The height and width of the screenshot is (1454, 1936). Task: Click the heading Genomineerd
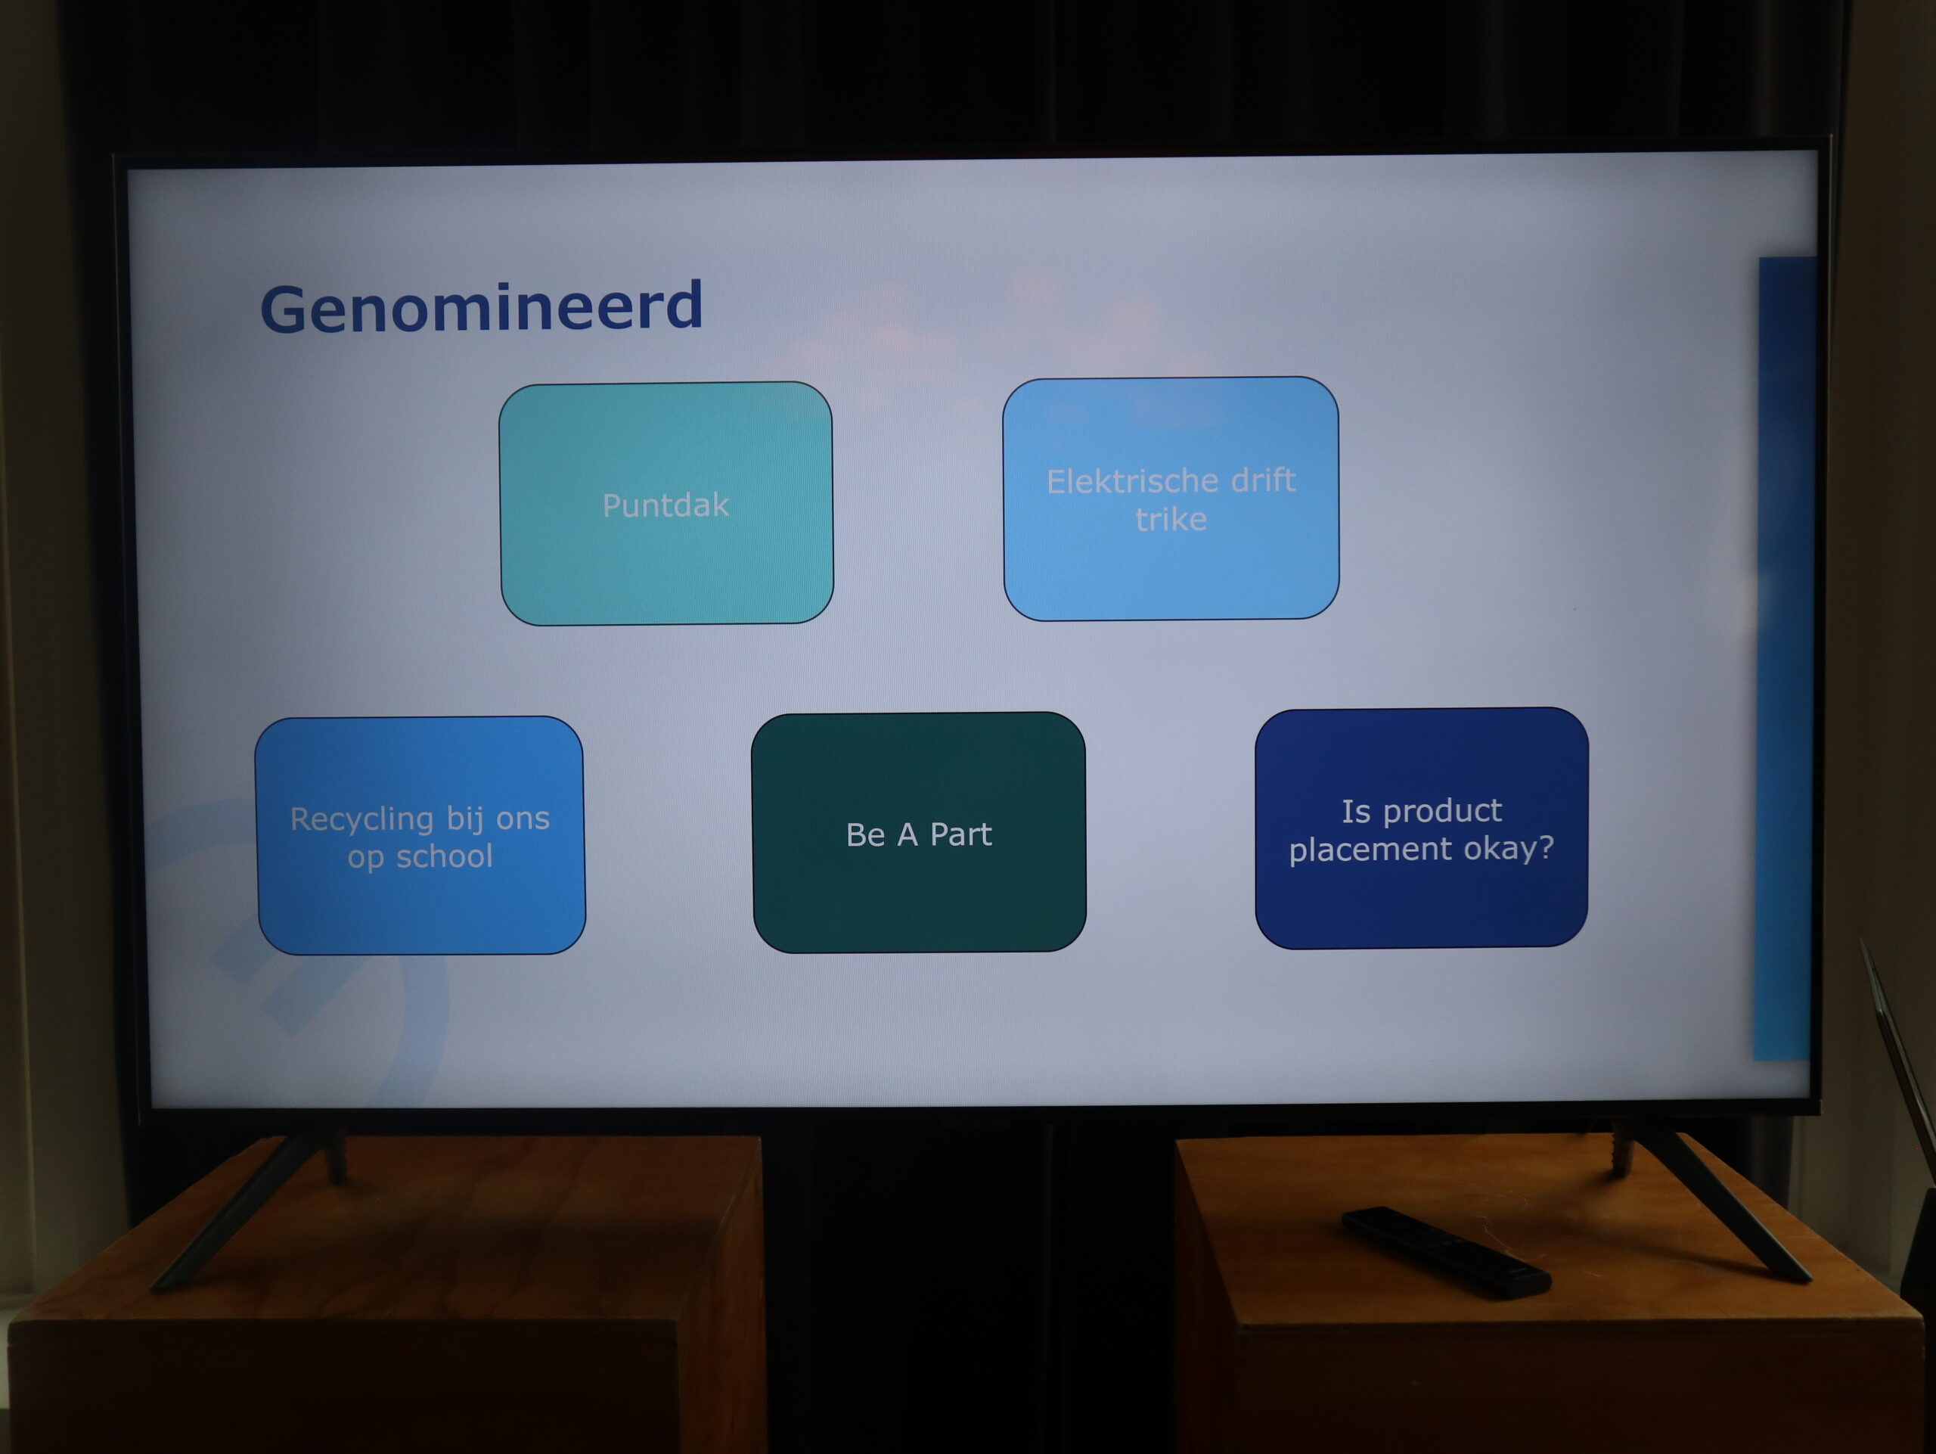[x=482, y=308]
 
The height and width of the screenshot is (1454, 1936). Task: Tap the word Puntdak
[x=665, y=505]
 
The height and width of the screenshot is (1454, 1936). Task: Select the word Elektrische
[x=1131, y=481]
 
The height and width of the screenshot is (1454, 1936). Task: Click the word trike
[x=1171, y=520]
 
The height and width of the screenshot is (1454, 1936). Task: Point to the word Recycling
[x=361, y=820]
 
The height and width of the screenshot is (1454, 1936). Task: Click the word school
[x=445, y=856]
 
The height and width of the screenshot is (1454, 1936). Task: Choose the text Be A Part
[x=919, y=834]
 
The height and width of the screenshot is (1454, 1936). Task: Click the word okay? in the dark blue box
[x=1509, y=847]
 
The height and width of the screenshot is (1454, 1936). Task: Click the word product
[x=1442, y=812]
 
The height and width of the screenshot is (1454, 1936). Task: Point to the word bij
[x=465, y=819]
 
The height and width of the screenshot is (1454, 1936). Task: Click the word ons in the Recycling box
[x=523, y=819]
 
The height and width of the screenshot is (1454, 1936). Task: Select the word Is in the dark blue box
[x=1356, y=812]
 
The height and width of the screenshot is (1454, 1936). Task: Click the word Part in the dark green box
[x=961, y=834]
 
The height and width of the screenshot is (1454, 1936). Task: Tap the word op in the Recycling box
[x=366, y=858]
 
